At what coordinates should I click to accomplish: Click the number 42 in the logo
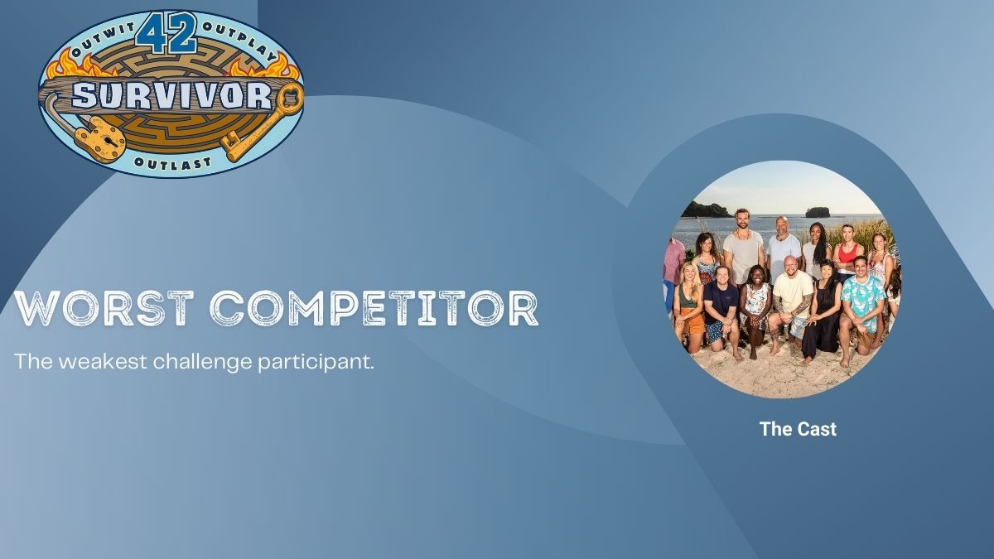tap(166, 33)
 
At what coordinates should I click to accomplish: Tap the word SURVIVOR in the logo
tap(171, 95)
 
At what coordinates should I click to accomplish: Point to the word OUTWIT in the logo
tap(102, 41)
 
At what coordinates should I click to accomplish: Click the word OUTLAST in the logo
tap(172, 163)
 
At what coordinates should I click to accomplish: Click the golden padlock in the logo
tap(101, 138)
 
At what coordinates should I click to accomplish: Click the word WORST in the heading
tap(104, 308)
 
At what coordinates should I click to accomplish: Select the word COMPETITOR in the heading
tap(374, 308)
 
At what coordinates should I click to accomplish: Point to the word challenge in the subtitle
tap(203, 363)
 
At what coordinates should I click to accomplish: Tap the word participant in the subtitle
tap(316, 363)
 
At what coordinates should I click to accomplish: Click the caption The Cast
tap(798, 429)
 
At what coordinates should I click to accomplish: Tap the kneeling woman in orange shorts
tap(688, 306)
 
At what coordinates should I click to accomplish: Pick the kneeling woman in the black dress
tap(823, 311)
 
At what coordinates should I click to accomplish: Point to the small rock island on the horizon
tap(818, 212)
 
